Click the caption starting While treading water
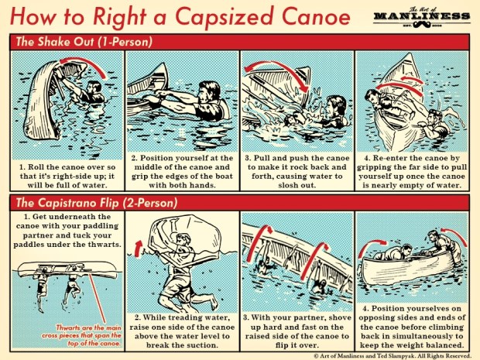pos(182,330)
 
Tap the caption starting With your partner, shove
pos(297,330)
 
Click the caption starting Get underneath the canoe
pos(66,230)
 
